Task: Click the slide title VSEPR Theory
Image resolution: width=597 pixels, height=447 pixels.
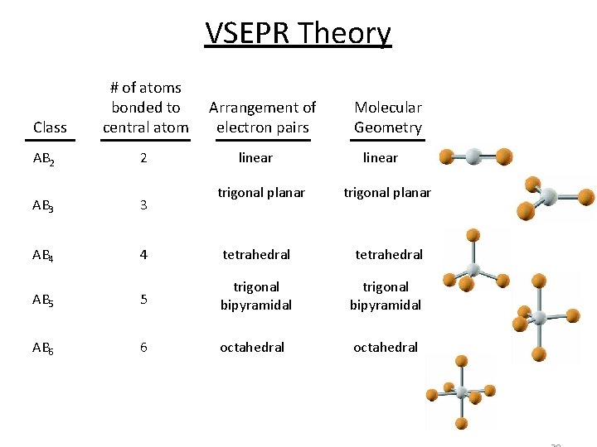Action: click(298, 34)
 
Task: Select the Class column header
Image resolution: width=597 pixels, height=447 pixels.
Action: click(50, 127)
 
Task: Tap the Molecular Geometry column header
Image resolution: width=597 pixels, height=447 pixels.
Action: click(387, 118)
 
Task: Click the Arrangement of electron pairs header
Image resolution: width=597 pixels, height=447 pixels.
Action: click(262, 118)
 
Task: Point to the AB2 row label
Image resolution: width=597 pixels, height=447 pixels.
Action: click(43, 159)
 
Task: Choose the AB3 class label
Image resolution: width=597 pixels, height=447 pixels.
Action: click(43, 205)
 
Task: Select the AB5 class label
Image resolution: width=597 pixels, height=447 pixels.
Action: click(43, 300)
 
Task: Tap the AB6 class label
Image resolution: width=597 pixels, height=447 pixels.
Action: click(43, 348)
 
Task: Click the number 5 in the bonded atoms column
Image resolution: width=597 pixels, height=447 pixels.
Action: click(143, 300)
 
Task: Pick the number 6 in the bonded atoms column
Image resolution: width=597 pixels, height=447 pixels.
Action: click(143, 348)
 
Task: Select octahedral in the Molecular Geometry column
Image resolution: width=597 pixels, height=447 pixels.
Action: click(386, 348)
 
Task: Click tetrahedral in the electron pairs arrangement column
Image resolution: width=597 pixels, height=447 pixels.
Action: click(256, 255)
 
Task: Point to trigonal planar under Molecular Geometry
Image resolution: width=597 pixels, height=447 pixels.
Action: click(387, 193)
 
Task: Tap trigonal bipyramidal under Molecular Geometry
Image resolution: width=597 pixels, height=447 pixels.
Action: click(386, 296)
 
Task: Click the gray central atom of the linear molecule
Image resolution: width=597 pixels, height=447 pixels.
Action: click(474, 156)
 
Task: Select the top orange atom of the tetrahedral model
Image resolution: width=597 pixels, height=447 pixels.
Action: click(473, 235)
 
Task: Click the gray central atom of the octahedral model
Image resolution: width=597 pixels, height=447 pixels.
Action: click(461, 392)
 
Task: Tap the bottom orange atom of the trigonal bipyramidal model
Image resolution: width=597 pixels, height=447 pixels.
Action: click(539, 354)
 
